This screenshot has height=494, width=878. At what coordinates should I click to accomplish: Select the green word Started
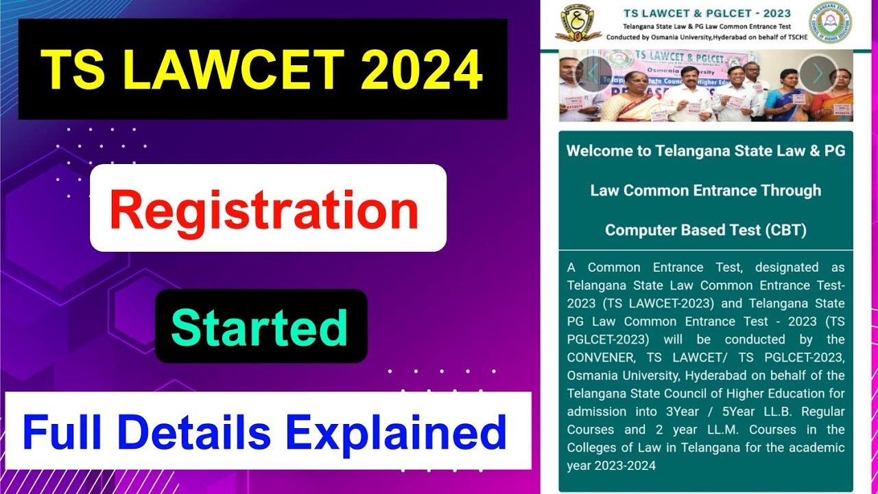coord(259,328)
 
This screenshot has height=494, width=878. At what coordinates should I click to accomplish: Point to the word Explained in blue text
coord(396,432)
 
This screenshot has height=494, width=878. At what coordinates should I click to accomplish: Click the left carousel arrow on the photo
coord(591,73)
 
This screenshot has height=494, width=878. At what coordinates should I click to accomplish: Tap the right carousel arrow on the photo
coord(817,73)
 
